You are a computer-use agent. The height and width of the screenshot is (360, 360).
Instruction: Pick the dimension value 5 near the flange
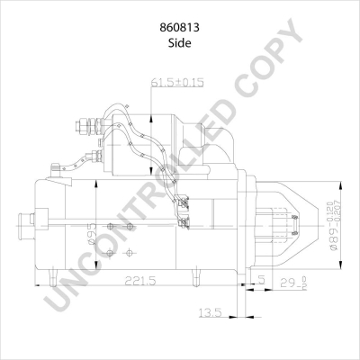(259, 280)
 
